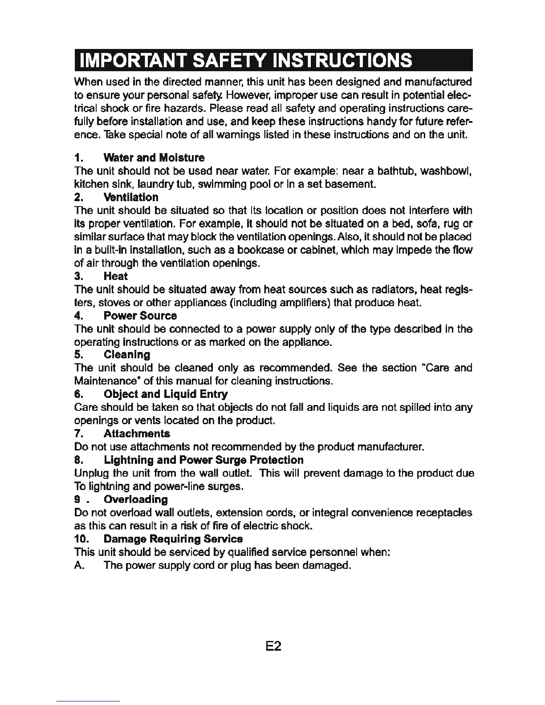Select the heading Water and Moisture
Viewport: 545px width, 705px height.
click(x=154, y=158)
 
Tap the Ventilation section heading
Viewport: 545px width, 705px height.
click(x=130, y=197)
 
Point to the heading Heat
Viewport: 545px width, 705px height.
click(x=115, y=276)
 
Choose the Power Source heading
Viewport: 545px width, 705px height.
click(x=140, y=316)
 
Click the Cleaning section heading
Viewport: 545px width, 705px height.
click(x=126, y=355)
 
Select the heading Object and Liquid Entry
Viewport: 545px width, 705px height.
click(x=165, y=394)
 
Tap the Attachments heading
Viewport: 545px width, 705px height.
click(x=137, y=434)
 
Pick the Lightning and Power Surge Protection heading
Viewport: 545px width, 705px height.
click(x=203, y=460)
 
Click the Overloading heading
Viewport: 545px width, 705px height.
click(x=135, y=499)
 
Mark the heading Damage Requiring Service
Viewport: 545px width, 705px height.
click(x=173, y=539)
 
